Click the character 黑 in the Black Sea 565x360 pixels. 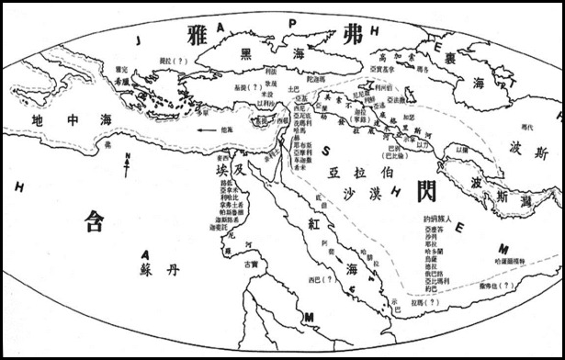pyautogui.click(x=246, y=53)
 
